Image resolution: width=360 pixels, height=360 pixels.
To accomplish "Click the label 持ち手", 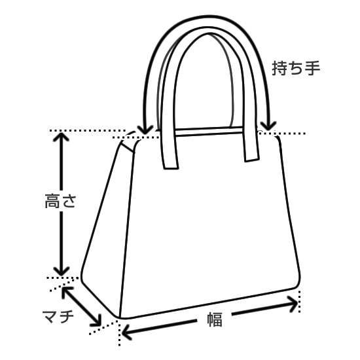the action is point(296,68).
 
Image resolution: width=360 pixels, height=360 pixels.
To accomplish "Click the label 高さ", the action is point(60,201).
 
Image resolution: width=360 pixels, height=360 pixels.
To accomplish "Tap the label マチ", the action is point(58,317).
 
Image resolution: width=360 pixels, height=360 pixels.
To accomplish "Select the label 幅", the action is point(215,319).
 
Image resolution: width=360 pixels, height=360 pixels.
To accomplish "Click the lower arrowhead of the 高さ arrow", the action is point(61,271).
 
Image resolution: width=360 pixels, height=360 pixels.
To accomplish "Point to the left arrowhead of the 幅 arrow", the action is point(126,333).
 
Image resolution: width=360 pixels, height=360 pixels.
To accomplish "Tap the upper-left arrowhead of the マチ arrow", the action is point(67,291).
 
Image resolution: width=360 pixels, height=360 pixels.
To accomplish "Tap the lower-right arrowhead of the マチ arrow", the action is point(97,321).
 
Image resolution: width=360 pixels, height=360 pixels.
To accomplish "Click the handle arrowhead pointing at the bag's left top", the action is point(145,130).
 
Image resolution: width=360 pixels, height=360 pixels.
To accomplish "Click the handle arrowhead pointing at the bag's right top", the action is point(268,126).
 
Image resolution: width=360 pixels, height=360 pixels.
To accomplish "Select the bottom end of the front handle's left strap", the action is point(171,168).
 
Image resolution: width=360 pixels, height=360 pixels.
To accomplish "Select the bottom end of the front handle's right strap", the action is point(252,159).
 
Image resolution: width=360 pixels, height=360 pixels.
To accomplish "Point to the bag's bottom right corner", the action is point(298,285).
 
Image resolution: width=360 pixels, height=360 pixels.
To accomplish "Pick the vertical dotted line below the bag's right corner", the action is point(299,302).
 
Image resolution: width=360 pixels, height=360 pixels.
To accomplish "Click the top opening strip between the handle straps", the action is point(209,132).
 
